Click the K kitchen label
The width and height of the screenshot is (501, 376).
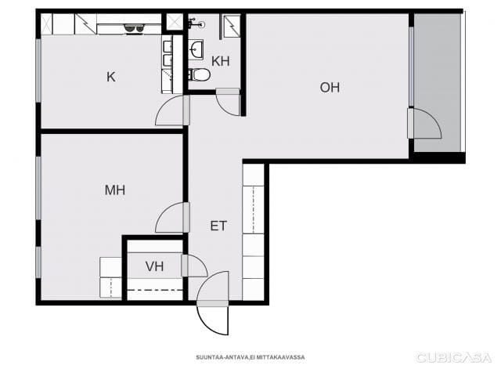click(x=111, y=77)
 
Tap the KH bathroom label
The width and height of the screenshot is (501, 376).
click(x=221, y=61)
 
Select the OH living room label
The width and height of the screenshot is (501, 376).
click(x=330, y=88)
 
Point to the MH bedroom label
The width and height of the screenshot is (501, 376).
click(x=115, y=190)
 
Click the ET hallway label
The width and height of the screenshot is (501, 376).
click(x=218, y=226)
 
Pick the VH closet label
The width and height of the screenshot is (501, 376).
click(x=155, y=266)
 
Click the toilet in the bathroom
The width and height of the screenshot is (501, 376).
click(x=199, y=75)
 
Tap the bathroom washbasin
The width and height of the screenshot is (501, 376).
click(x=196, y=49)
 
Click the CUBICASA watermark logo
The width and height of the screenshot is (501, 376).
click(x=454, y=357)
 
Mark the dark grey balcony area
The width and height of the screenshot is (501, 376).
click(x=438, y=83)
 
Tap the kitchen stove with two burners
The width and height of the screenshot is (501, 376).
click(x=134, y=28)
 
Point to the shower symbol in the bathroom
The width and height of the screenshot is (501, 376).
click(x=232, y=26)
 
